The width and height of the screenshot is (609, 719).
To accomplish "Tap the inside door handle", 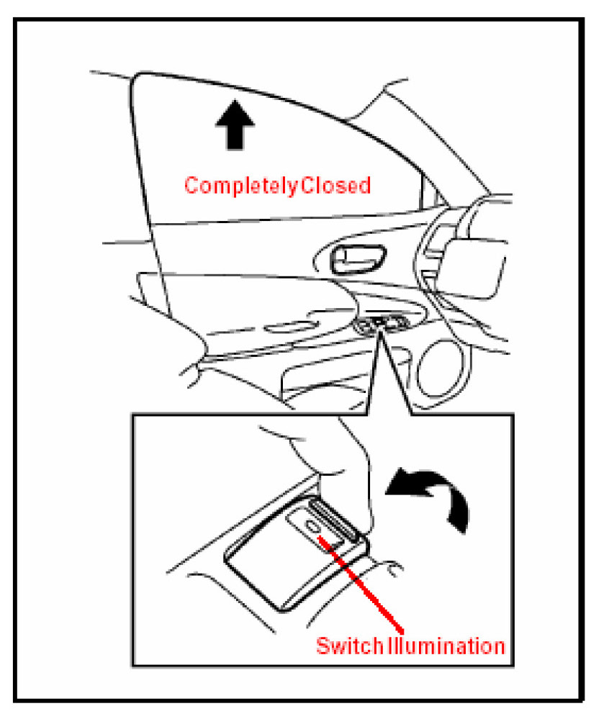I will (x=357, y=257).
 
